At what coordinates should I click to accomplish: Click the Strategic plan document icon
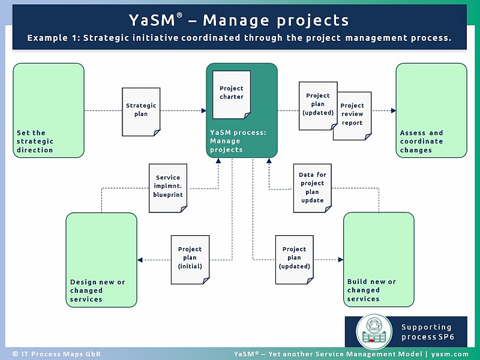click(x=141, y=112)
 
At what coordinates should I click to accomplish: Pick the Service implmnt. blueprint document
click(x=168, y=188)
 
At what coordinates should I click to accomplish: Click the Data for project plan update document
click(x=312, y=188)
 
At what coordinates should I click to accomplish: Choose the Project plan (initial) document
click(x=190, y=259)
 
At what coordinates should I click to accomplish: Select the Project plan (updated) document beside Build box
click(x=295, y=259)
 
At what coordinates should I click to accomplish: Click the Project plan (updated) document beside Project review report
click(x=317, y=106)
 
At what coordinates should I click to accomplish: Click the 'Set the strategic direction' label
click(x=35, y=142)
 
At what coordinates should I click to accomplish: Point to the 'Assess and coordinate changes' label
click(x=422, y=142)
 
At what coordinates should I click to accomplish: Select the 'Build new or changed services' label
click(x=371, y=290)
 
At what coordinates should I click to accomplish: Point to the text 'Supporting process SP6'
click(x=427, y=332)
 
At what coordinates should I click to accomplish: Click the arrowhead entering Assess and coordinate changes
click(x=393, y=110)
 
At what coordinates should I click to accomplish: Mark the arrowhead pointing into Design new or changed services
click(x=140, y=260)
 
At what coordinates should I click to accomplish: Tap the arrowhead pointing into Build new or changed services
click(x=340, y=260)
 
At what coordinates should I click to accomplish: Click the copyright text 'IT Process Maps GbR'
click(x=49, y=354)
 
